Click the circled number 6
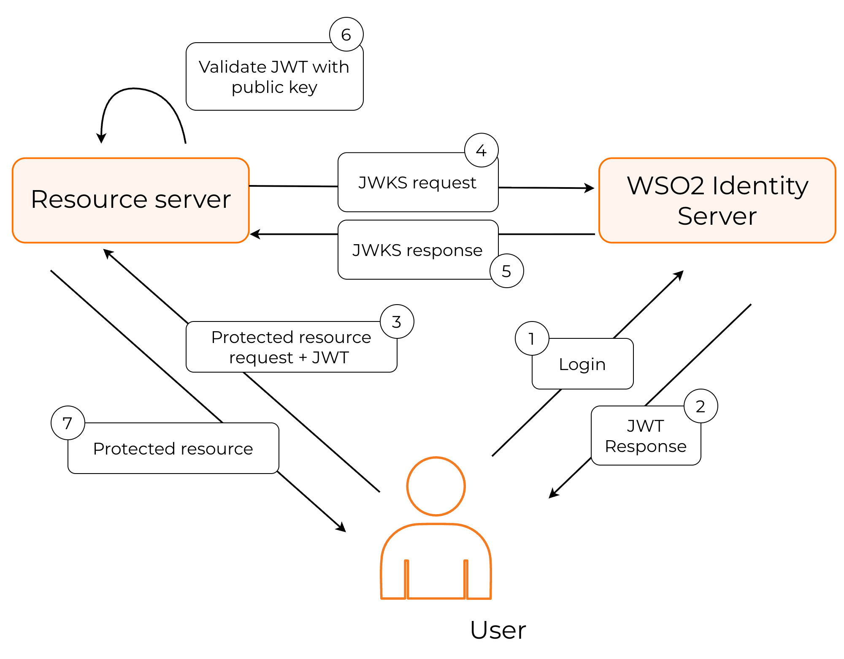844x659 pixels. pyautogui.click(x=346, y=34)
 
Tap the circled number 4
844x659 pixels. pyautogui.click(x=481, y=150)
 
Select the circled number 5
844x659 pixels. pyautogui.click(x=506, y=271)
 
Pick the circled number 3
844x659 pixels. pyautogui.click(x=397, y=321)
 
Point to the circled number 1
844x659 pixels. pyautogui.click(x=532, y=338)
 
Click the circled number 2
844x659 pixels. pyautogui.click(x=701, y=406)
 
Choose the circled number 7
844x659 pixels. pyautogui.click(x=68, y=423)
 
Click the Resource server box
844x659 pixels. pyautogui.click(x=131, y=200)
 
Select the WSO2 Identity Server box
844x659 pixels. pyautogui.click(x=717, y=200)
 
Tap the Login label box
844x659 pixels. pyautogui.click(x=582, y=364)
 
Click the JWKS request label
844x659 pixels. pyautogui.click(x=417, y=183)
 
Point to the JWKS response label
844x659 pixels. pyautogui.click(x=417, y=250)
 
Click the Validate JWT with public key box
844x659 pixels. pyautogui.click(x=274, y=77)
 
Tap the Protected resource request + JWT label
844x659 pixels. pyautogui.click(x=291, y=347)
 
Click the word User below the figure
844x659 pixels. pyautogui.click(x=498, y=630)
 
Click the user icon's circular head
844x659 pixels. pyautogui.click(x=436, y=486)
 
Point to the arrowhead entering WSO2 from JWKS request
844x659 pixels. pyautogui.click(x=590, y=188)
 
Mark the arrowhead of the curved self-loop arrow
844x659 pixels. pyautogui.click(x=101, y=139)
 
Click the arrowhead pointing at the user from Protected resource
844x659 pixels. pyautogui.click(x=342, y=528)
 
